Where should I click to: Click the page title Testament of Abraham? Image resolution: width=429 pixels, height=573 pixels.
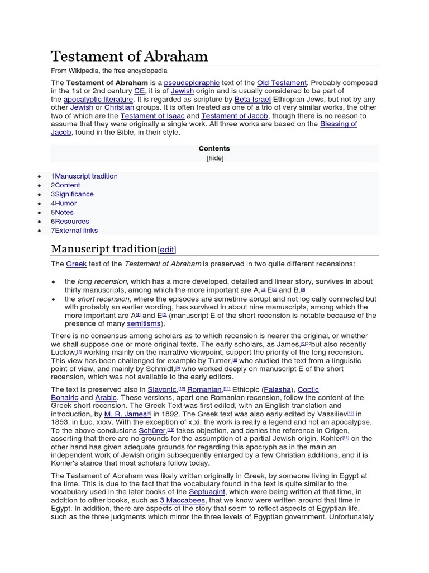(x=129, y=57)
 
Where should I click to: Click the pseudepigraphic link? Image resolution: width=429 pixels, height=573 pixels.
(x=192, y=83)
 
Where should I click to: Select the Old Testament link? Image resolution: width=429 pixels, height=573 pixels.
(x=282, y=83)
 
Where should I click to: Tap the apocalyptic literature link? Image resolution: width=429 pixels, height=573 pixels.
(x=98, y=99)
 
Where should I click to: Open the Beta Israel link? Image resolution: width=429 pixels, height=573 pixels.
(x=252, y=99)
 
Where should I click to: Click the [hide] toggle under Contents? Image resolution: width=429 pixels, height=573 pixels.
(x=214, y=158)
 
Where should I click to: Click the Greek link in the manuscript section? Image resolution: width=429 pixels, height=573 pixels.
(x=77, y=264)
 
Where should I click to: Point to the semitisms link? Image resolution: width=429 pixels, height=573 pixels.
(x=144, y=323)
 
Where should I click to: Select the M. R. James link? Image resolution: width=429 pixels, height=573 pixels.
(x=125, y=414)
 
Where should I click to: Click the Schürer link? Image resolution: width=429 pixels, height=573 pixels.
(x=152, y=430)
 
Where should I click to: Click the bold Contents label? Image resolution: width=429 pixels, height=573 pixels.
(x=214, y=148)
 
